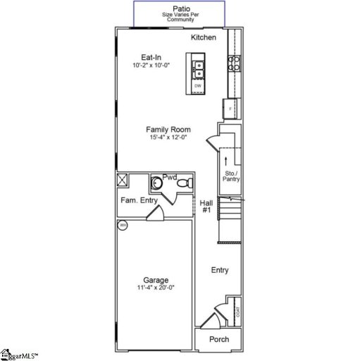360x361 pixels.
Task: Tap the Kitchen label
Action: (x=204, y=37)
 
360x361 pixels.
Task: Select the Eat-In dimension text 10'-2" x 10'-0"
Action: (x=151, y=65)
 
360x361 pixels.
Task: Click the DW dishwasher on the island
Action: (x=198, y=85)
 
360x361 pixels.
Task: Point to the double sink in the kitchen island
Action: (x=198, y=68)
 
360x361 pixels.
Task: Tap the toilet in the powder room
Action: (x=184, y=183)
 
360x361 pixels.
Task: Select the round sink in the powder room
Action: (x=158, y=183)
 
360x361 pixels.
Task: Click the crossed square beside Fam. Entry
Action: (x=122, y=179)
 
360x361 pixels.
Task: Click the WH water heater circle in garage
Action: (x=122, y=226)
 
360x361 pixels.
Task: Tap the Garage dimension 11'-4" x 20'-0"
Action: (x=156, y=288)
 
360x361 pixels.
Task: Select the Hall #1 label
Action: (x=206, y=206)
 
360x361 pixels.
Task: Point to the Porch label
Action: (x=220, y=339)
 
